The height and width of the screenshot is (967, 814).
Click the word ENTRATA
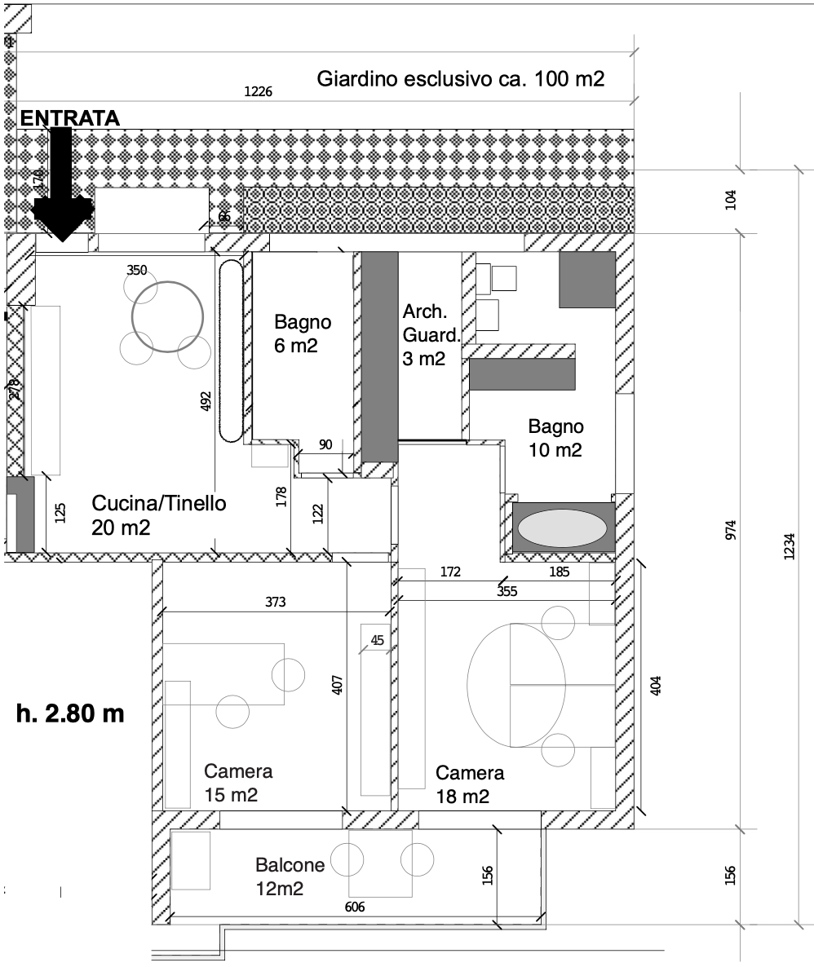(70, 117)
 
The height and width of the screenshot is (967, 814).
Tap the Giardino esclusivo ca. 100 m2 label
(461, 79)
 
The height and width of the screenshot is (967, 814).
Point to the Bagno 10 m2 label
(555, 438)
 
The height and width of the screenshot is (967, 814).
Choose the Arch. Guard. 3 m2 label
(431, 334)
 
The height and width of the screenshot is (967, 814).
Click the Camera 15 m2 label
(238, 783)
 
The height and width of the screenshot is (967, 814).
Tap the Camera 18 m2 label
(470, 784)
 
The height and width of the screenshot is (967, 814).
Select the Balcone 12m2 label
(290, 876)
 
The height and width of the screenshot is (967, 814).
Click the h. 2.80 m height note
(70, 713)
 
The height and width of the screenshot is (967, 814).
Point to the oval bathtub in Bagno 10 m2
(563, 528)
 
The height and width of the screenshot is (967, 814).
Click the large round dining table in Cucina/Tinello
(167, 316)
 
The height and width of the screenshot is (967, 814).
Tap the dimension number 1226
(259, 92)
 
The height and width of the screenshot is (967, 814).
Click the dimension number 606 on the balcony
(355, 907)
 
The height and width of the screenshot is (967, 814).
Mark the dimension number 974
(731, 530)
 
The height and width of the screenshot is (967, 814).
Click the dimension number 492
(206, 400)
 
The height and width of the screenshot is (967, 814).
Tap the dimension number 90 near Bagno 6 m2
(325, 444)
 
